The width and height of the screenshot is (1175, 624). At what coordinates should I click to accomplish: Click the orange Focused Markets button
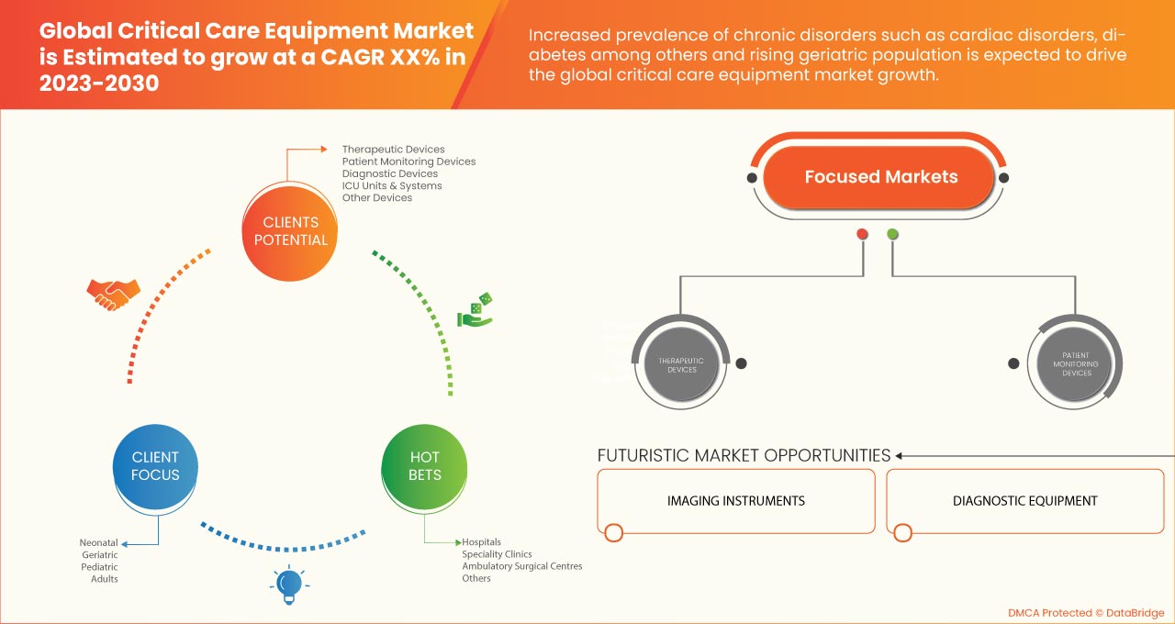(x=880, y=177)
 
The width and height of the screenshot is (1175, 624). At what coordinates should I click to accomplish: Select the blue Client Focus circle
(x=155, y=466)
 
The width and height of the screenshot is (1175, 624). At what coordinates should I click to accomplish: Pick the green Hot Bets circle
(x=425, y=466)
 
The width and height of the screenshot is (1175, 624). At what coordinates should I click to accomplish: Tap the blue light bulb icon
(x=289, y=584)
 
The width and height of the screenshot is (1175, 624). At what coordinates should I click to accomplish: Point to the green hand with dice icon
(x=476, y=310)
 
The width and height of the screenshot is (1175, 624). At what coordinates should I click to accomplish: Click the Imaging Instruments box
(x=735, y=501)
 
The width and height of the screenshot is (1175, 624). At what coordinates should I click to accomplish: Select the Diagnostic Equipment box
(x=1024, y=501)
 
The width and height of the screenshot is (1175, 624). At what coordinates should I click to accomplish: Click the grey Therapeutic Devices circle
(x=682, y=364)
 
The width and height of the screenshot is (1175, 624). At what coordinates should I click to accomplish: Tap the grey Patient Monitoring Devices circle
(x=1077, y=363)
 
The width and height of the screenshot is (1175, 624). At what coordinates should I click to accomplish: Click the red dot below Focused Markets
(x=862, y=234)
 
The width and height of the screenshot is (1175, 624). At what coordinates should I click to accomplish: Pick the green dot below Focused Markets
(x=892, y=234)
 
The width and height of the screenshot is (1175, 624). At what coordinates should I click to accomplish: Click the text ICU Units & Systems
(x=392, y=185)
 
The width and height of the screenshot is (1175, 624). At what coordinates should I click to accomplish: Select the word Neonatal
(x=99, y=543)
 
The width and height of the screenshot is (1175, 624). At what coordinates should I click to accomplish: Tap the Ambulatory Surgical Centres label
(x=521, y=566)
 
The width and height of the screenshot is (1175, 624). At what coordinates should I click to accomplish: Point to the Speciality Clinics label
(x=497, y=554)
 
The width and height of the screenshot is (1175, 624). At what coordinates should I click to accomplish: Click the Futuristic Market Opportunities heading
(x=744, y=455)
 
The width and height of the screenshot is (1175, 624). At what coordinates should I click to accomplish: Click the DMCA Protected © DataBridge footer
(x=1085, y=612)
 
